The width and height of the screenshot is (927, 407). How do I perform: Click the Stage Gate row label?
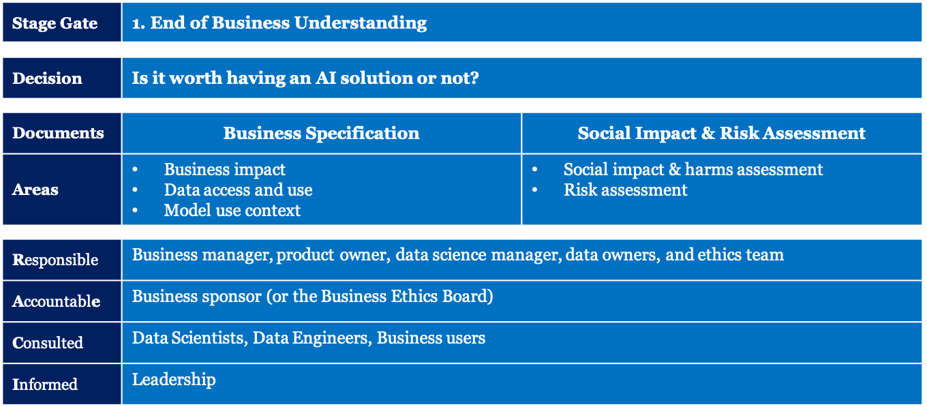pos(55,23)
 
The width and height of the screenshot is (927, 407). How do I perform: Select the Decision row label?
pos(47,78)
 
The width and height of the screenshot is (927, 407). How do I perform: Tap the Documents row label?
pos(58,133)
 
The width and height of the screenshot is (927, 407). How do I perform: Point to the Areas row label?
pos(35,190)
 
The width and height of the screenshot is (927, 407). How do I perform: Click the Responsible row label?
pos(55,260)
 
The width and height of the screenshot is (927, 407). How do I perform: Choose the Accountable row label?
pos(57,301)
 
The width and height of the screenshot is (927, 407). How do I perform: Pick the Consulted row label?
pos(48,343)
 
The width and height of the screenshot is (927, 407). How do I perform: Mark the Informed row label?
pos(45,385)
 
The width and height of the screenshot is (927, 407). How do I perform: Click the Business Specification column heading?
pos(321,134)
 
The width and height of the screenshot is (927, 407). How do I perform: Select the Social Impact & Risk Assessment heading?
pos(721,134)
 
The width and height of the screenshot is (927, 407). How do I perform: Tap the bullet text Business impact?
pos(225,169)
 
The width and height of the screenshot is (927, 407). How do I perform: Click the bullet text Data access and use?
pos(239,190)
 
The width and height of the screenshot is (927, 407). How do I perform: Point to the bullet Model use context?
pos(232,211)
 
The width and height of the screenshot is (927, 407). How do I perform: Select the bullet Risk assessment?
pos(625,190)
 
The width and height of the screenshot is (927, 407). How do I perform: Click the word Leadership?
pos(174,380)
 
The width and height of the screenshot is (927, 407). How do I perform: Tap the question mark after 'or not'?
pos(474,78)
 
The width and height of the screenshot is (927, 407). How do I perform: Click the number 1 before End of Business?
pos(136,23)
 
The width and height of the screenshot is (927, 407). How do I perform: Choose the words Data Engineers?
pos(310,338)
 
